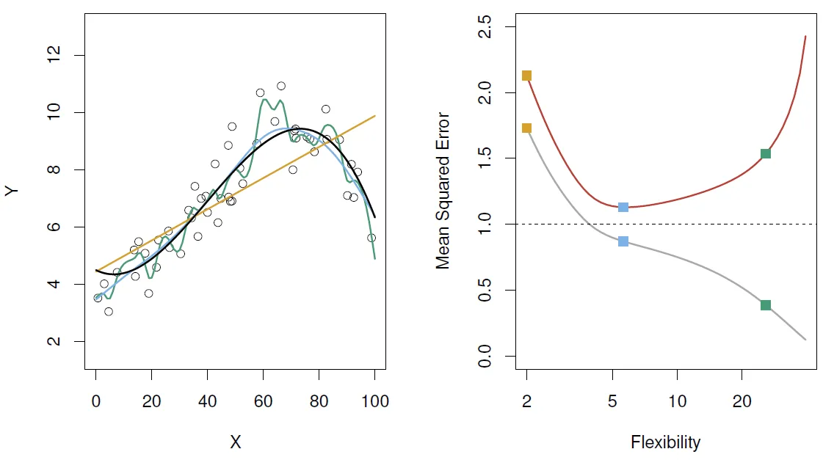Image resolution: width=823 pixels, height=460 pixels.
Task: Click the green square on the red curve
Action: pos(766,153)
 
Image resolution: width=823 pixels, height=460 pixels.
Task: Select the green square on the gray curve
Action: pos(766,305)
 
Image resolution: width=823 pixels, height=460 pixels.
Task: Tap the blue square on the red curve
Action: pos(623,207)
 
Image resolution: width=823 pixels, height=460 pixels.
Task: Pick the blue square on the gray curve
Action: pos(623,241)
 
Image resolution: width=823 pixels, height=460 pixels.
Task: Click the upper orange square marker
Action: pos(526,76)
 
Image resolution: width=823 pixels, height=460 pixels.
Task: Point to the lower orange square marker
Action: pos(526,128)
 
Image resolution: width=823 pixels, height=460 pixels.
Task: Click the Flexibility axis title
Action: pos(666,442)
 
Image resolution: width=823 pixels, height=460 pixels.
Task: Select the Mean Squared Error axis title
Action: pos(443,191)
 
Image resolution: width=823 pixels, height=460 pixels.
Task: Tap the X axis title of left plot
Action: pos(235,442)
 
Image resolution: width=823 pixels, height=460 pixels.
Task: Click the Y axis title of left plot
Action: pos(12,191)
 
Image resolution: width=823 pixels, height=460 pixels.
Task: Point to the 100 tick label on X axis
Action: pos(374,401)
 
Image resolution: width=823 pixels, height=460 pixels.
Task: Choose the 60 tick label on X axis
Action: pos(263,401)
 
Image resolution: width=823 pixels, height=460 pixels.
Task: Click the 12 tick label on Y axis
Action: pos(54,55)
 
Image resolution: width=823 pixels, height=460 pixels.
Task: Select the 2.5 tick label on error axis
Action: pos(485,26)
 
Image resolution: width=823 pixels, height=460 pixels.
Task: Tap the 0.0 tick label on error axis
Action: pos(485,356)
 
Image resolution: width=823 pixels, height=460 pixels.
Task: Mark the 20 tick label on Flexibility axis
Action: pos(742,401)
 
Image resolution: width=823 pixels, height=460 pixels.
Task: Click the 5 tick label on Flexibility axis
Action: pos(612,401)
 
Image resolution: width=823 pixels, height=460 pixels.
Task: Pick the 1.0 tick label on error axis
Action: pos(485,224)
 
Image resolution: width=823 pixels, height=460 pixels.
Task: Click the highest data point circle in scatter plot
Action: pos(281,86)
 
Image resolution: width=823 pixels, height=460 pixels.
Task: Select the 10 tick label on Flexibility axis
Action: pos(677,401)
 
